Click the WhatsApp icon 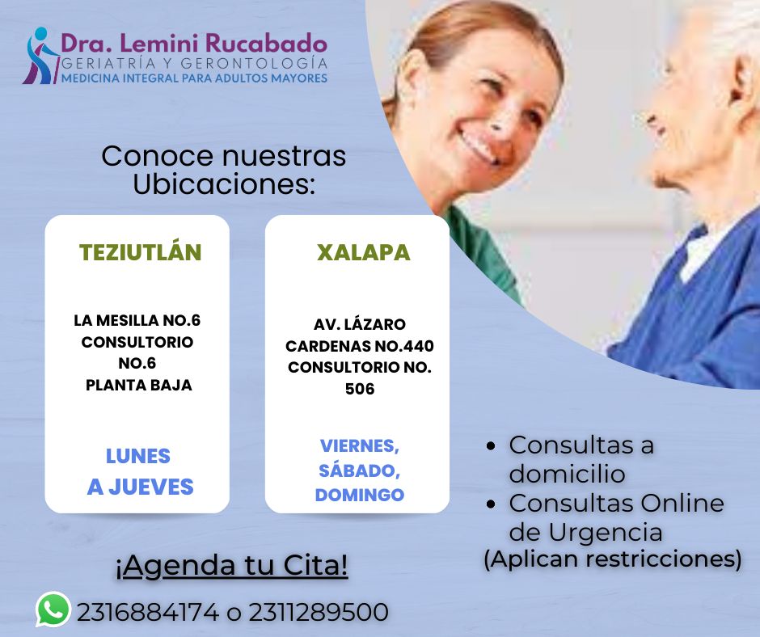[x=53, y=609]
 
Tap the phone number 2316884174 [x=148, y=612]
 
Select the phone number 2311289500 [x=319, y=612]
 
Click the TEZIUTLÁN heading [x=140, y=252]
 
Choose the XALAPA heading [x=364, y=252]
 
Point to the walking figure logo [x=40, y=56]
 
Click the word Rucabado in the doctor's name [x=266, y=43]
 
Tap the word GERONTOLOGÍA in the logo [x=255, y=63]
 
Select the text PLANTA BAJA [x=138, y=385]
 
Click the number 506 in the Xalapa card [x=360, y=389]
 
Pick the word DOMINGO [x=360, y=495]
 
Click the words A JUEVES [x=140, y=487]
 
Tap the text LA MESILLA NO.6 [x=137, y=320]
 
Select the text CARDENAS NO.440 [x=360, y=346]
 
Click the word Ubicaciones [x=224, y=184]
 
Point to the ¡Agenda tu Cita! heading [x=232, y=565]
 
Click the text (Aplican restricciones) [x=613, y=559]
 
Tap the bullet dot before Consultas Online [x=492, y=504]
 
